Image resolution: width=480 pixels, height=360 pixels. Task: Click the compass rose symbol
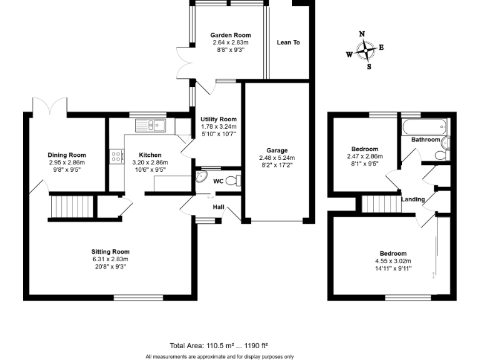pyautogui.click(x=365, y=50)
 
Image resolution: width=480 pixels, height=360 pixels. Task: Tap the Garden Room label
pyautogui.click(x=231, y=36)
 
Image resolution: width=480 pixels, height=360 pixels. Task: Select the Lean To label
pyautogui.click(x=288, y=42)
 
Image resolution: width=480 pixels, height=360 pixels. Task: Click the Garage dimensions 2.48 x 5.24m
pyautogui.click(x=277, y=158)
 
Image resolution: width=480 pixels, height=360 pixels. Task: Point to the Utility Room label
pyautogui.click(x=219, y=119)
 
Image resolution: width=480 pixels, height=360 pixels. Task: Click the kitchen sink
pyautogui.click(x=150, y=126)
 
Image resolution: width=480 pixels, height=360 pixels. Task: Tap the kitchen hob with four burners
pyautogui.click(x=116, y=156)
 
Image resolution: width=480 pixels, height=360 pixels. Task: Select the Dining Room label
pyautogui.click(x=67, y=155)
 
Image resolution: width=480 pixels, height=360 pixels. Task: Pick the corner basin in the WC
pyautogui.click(x=202, y=176)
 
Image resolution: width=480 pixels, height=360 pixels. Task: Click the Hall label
pyautogui.click(x=218, y=206)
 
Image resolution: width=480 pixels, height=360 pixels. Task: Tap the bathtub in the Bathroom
pyautogui.click(x=424, y=128)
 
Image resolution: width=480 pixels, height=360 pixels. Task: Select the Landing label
pyautogui.click(x=413, y=199)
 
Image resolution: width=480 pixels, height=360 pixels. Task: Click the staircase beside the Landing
pyautogui.click(x=380, y=203)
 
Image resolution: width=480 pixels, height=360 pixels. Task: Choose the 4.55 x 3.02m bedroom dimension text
pyautogui.click(x=392, y=261)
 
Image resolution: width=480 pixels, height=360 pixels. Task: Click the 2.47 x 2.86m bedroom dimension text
pyautogui.click(x=364, y=157)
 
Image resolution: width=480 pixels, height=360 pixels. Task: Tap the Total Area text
pyautogui.click(x=219, y=345)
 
